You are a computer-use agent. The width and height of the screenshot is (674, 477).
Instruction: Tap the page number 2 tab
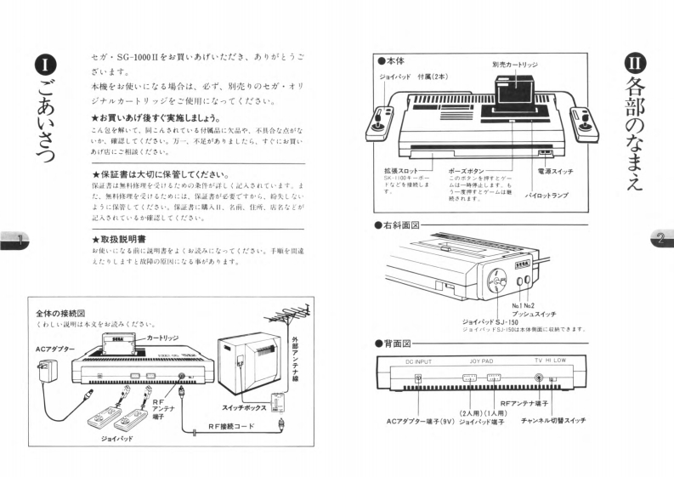tap(658, 239)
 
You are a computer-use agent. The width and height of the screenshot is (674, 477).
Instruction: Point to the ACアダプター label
tap(54, 349)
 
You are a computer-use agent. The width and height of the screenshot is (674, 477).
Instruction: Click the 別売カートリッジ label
tap(514, 65)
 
